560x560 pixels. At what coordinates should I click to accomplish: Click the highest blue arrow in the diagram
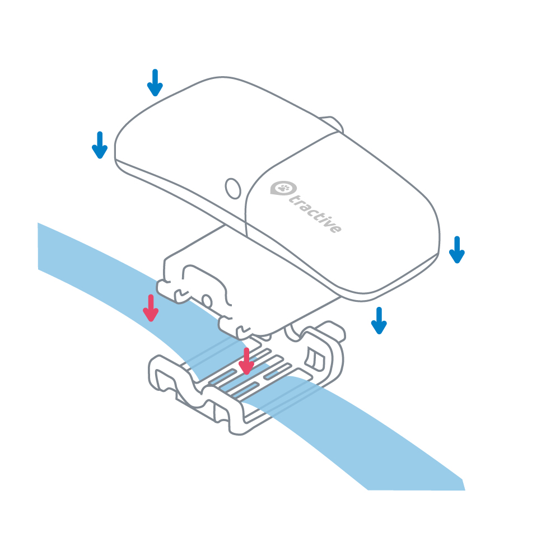click(x=155, y=82)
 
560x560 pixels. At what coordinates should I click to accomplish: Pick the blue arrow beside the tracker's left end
click(x=100, y=144)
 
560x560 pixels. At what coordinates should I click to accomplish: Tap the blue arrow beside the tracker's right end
click(x=457, y=249)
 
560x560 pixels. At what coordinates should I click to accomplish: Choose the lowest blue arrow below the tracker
click(x=379, y=320)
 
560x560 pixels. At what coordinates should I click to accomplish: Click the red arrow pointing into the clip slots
click(x=246, y=361)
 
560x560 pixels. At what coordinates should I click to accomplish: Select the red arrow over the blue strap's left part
click(x=150, y=308)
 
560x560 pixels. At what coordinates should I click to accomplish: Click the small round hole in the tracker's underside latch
click(x=207, y=301)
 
